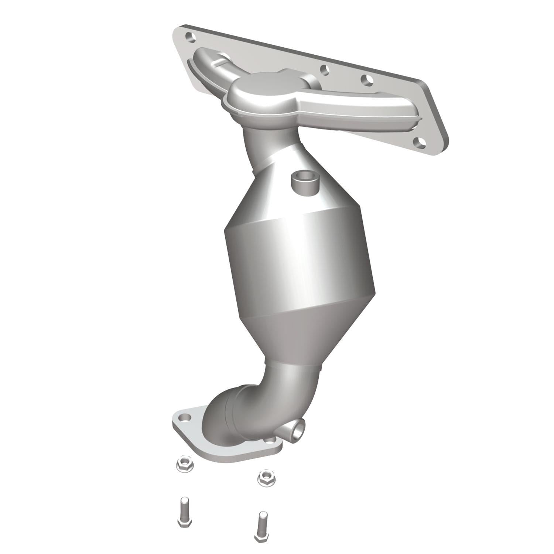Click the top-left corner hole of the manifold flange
point(189,37)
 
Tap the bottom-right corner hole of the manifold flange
point(418,141)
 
